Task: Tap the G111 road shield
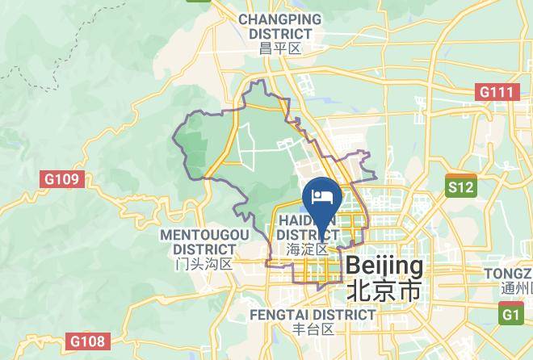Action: pos(496,92)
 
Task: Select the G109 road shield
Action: pos(62,178)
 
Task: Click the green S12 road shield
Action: pos(461,187)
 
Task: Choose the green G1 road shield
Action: pos(511,315)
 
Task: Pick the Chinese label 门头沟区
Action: pos(204,264)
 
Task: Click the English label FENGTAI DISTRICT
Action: pos(313,314)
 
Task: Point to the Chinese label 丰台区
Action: pos(313,329)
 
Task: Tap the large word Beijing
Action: pos(384,266)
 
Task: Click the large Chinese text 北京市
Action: pos(384,291)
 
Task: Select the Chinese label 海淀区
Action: pos(308,249)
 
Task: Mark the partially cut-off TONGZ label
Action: pos(508,274)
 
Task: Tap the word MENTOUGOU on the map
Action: pos(205,234)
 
